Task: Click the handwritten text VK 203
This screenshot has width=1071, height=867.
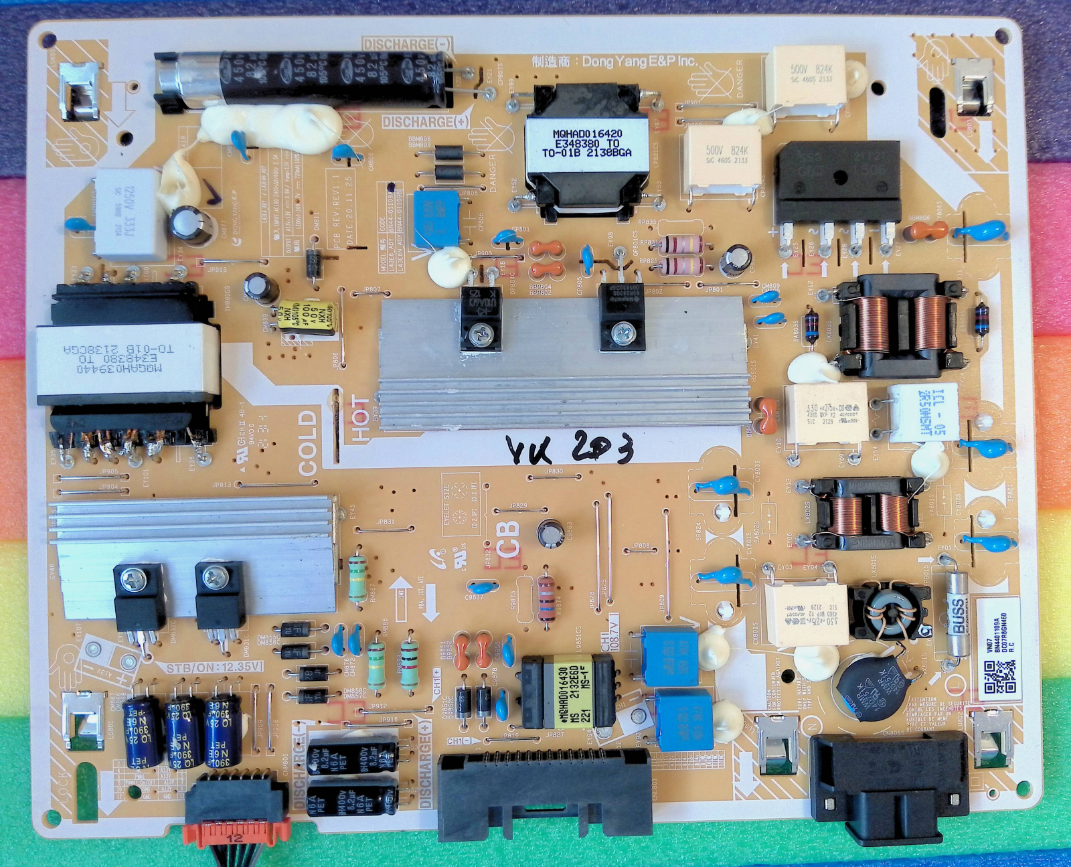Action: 569,449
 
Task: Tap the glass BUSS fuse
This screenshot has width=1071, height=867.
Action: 959,613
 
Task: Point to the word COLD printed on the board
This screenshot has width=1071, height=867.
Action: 307,443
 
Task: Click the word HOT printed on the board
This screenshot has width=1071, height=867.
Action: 360,419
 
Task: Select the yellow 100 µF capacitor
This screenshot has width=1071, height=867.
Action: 307,317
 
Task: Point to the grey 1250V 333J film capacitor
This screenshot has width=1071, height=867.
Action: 130,213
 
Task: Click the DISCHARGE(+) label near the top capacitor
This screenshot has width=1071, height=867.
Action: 426,122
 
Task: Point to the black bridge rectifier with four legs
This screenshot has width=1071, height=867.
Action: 837,182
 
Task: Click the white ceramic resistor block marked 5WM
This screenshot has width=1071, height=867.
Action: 923,412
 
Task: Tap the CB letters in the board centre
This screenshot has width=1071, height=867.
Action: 508,540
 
